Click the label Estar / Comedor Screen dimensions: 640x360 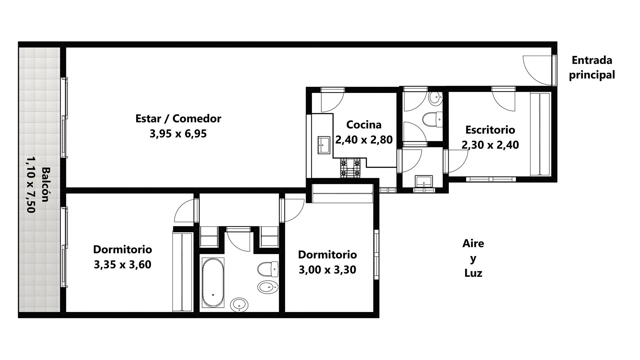[x=178, y=119]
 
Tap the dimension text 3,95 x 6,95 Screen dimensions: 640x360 [x=178, y=134]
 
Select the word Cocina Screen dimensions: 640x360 [x=364, y=125]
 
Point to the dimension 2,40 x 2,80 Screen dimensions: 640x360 [x=364, y=140]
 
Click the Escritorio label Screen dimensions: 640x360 [x=490, y=130]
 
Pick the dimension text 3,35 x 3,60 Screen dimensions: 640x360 [x=122, y=265]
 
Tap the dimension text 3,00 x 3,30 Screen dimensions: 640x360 [x=327, y=270]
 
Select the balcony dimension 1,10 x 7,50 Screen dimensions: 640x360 [x=31, y=184]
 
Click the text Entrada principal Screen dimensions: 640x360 [x=592, y=68]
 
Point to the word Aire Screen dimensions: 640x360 [x=473, y=243]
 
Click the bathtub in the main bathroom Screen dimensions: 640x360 [x=213, y=283]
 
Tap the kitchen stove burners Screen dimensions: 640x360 [x=350, y=168]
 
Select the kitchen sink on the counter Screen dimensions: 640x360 [x=324, y=145]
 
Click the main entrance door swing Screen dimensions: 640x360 [x=537, y=70]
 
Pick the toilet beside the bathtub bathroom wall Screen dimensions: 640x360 [x=268, y=269]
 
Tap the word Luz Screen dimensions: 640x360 [x=473, y=273]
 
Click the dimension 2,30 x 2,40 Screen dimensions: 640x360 [x=490, y=145]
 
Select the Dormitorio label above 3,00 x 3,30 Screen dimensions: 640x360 [x=327, y=255]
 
